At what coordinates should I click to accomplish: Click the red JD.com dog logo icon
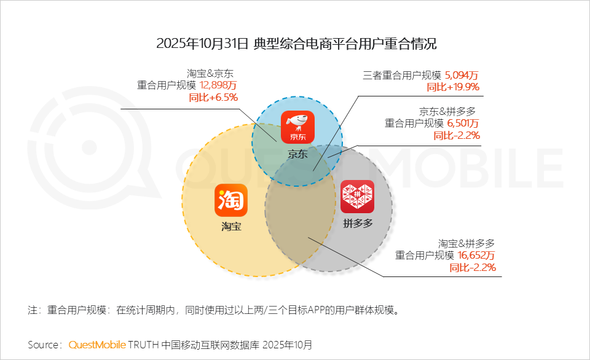[x=297, y=127]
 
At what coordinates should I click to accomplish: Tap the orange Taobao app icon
[x=230, y=200]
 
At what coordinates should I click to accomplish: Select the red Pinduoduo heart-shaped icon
[x=358, y=197]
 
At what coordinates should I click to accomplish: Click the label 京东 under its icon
[x=297, y=154]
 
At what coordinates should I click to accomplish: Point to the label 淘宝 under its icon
[x=231, y=227]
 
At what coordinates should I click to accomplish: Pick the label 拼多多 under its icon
[x=358, y=223]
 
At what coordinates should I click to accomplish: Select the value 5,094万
[x=461, y=76]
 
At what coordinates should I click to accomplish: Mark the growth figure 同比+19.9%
[x=453, y=87]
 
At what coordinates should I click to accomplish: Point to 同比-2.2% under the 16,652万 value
[x=473, y=267]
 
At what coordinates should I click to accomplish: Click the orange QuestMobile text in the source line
[x=97, y=345]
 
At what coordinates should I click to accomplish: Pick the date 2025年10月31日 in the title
[x=202, y=44]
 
